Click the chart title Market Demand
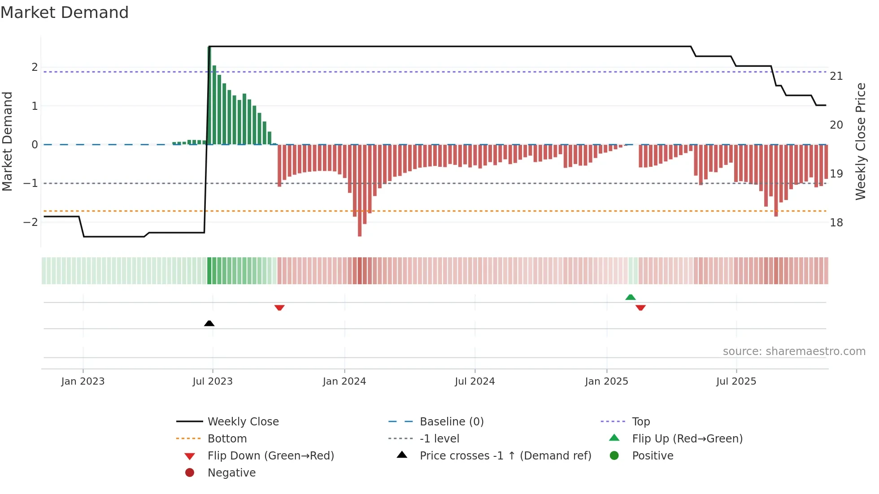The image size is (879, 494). [65, 13]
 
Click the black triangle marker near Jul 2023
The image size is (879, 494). [209, 323]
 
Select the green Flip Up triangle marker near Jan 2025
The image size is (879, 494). [631, 297]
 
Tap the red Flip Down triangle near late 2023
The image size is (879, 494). [279, 308]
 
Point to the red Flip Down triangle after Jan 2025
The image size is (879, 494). [640, 308]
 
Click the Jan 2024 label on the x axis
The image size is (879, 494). [344, 381]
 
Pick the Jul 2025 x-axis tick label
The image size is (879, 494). [736, 381]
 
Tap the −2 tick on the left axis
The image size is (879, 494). [30, 222]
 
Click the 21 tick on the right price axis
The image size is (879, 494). [836, 76]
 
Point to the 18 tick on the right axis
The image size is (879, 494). [836, 223]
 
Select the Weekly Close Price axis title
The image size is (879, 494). [860, 141]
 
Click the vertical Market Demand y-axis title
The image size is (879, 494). [7, 141]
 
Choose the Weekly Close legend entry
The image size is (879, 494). [243, 422]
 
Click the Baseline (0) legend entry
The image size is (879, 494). [451, 422]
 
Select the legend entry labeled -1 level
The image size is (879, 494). [439, 439]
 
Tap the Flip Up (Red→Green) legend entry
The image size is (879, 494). [687, 439]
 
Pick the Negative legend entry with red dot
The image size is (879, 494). [231, 473]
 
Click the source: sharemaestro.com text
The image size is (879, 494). [794, 351]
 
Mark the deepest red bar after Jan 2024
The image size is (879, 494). [360, 191]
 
